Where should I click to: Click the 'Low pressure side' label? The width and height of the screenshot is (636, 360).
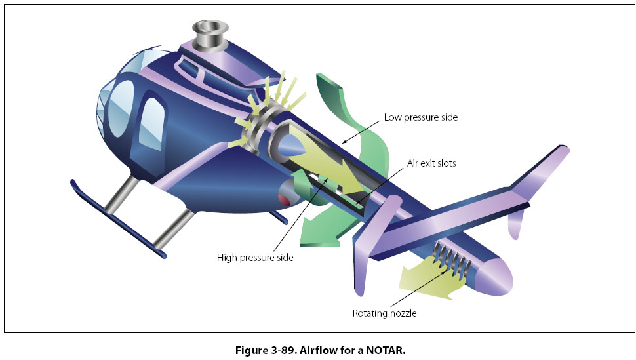click(420, 117)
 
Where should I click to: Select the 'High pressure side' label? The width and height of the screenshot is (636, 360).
click(255, 258)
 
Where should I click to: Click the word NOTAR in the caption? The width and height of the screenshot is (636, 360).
click(386, 350)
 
